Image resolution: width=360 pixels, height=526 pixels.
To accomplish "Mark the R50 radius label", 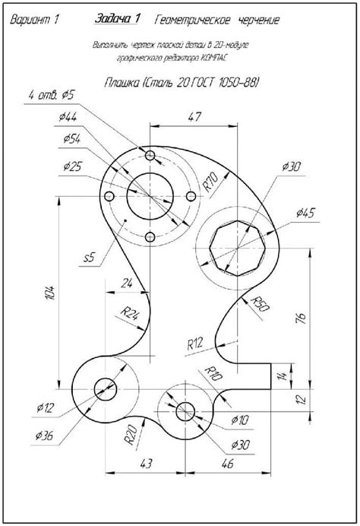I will tap(262, 306).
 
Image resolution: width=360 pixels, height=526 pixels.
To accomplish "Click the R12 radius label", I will tap(195, 343).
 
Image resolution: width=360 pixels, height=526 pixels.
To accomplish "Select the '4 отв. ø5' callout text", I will tap(51, 94).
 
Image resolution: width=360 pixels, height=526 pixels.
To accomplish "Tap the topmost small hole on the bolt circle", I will tap(151, 157).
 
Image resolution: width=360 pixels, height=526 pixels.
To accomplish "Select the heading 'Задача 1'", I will tap(118, 18).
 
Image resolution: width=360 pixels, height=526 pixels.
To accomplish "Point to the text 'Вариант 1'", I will tap(34, 21).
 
